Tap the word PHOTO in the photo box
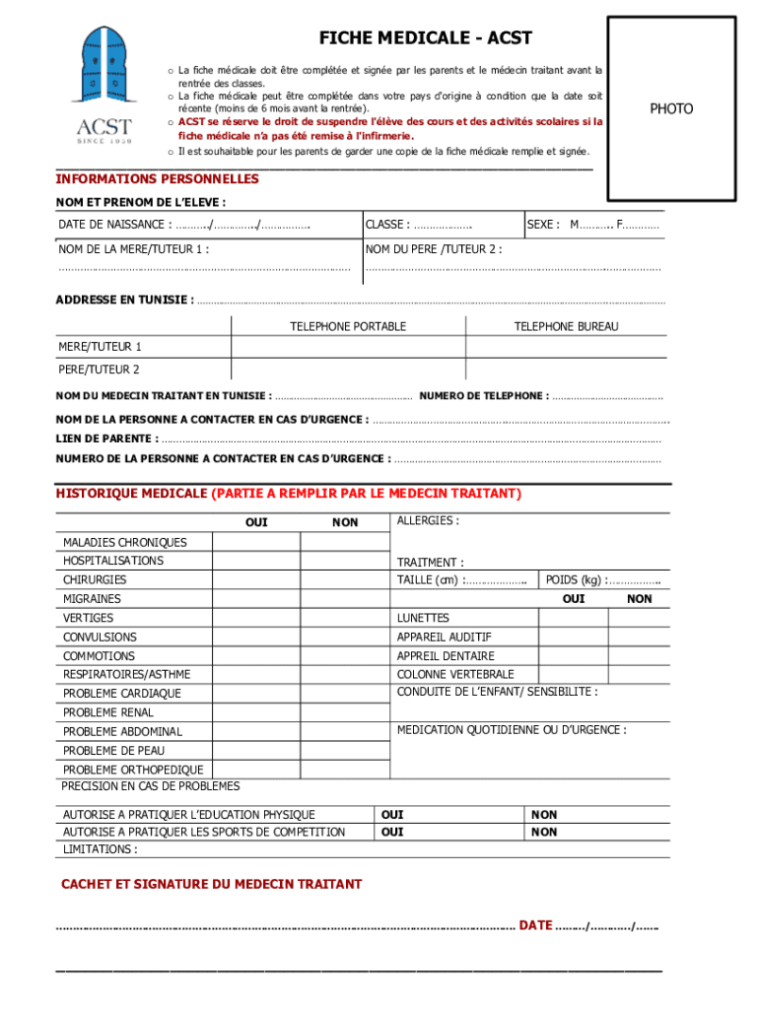[x=671, y=108]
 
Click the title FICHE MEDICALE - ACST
[x=425, y=38]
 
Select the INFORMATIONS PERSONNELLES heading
[x=157, y=179]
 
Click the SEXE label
[x=543, y=225]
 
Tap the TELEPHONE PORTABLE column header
[x=348, y=326]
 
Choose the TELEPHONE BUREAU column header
[x=566, y=326]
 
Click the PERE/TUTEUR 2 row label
[x=99, y=370]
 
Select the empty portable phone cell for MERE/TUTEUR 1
[x=348, y=347]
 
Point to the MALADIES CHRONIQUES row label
[x=124, y=542]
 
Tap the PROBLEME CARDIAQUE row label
[x=122, y=694]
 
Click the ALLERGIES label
[x=427, y=520]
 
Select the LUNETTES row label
[x=423, y=618]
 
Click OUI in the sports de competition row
[x=392, y=832]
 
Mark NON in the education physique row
[x=544, y=815]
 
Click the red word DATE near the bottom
[x=535, y=925]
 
